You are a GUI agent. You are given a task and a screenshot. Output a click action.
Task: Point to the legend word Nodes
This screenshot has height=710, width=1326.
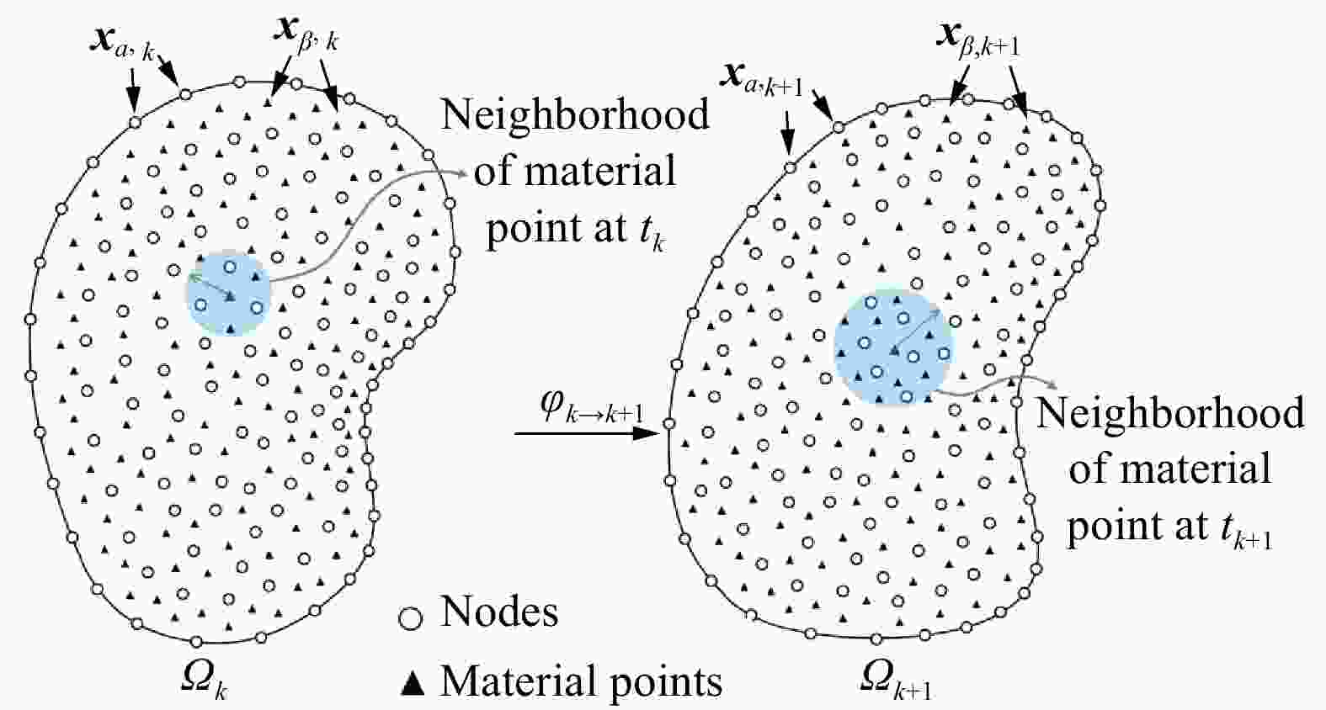[x=499, y=612]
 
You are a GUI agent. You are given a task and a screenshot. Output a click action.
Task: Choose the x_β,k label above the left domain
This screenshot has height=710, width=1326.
[x=306, y=34]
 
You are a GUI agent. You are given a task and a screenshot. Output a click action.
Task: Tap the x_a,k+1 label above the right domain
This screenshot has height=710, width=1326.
[x=761, y=79]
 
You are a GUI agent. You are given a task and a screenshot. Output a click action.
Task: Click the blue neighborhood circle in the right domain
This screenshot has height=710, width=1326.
[x=893, y=347]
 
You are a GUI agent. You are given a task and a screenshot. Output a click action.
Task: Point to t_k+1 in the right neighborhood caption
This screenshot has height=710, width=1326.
[x=1244, y=529]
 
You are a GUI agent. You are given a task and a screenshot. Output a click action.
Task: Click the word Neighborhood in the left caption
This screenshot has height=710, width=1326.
[x=575, y=114]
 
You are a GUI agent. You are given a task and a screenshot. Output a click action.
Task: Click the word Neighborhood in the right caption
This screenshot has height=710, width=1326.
[x=1169, y=413]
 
